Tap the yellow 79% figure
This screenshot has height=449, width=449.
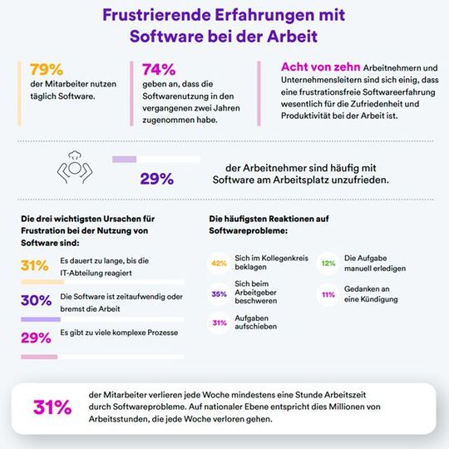[47, 70]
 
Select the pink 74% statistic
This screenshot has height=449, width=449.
[159, 70]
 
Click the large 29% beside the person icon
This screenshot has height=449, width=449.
[156, 178]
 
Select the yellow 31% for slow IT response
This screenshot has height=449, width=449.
[35, 267]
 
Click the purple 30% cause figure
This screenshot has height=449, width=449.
[36, 301]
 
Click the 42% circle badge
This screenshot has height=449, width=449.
[220, 264]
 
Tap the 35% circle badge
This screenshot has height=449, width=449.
[220, 294]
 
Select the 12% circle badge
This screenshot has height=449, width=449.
[328, 264]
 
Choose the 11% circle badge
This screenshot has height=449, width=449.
[328, 294]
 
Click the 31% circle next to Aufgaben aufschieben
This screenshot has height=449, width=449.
[220, 323]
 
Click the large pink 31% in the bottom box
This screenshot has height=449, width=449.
[52, 407]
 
